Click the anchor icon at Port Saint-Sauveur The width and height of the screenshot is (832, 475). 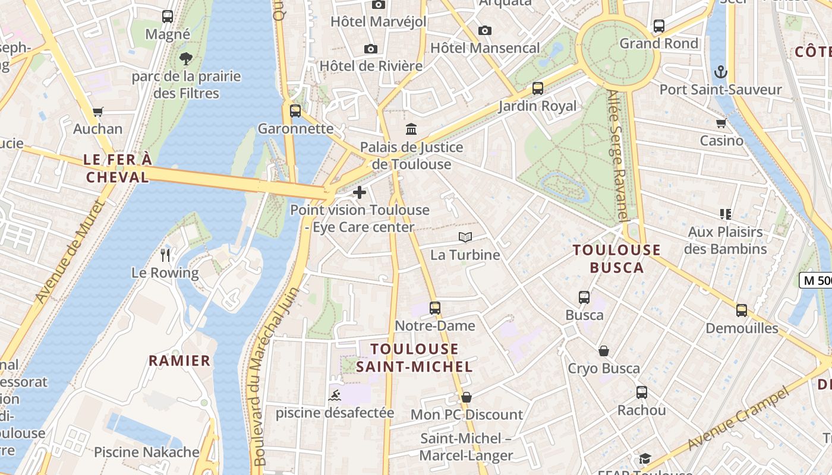pyautogui.click(x=720, y=72)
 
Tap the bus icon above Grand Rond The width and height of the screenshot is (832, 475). pyautogui.click(x=658, y=26)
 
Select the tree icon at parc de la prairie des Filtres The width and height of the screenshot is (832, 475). pyautogui.click(x=186, y=58)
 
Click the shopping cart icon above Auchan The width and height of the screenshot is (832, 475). pyautogui.click(x=98, y=112)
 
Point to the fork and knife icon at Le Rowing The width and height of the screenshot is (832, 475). pyautogui.click(x=165, y=255)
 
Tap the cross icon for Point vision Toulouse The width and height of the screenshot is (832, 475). pyautogui.click(x=360, y=192)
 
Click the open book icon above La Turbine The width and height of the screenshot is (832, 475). pyautogui.click(x=465, y=237)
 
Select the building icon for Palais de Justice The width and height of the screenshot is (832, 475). pyautogui.click(x=411, y=129)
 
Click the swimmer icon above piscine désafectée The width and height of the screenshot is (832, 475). pyautogui.click(x=335, y=395)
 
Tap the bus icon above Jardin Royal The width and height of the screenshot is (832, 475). pyautogui.click(x=538, y=88)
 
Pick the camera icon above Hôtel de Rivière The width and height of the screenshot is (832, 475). pyautogui.click(x=371, y=49)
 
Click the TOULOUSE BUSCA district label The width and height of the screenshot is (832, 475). pyautogui.click(x=617, y=258)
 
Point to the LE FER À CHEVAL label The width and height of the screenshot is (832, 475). pyautogui.click(x=118, y=168)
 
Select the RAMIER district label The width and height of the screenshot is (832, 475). pyautogui.click(x=179, y=360)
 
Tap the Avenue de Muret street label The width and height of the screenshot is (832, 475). pyautogui.click(x=70, y=252)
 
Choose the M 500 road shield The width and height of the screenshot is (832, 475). pyautogui.click(x=815, y=280)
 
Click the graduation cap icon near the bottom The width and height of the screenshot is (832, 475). pyautogui.click(x=645, y=458)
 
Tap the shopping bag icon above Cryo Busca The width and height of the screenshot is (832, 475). pyautogui.click(x=604, y=351)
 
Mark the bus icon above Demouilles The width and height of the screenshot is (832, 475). pyautogui.click(x=742, y=311)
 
